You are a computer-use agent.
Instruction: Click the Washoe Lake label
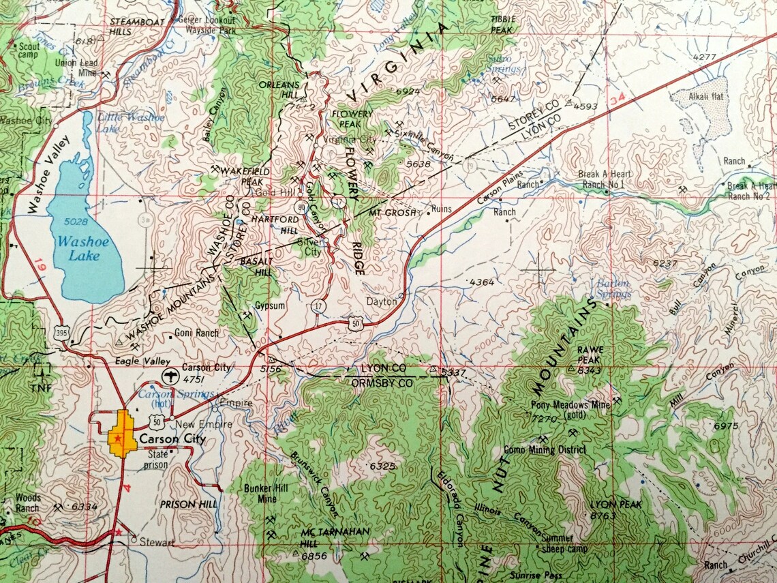click(78, 248)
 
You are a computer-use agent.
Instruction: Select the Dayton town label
click(381, 301)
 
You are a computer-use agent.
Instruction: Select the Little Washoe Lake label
click(130, 122)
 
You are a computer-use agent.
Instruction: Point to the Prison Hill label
click(188, 504)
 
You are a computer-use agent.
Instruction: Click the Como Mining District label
click(544, 449)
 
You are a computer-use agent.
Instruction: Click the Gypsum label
click(269, 305)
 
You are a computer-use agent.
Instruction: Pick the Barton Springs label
click(613, 289)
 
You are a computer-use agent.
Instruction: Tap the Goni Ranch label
click(197, 333)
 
